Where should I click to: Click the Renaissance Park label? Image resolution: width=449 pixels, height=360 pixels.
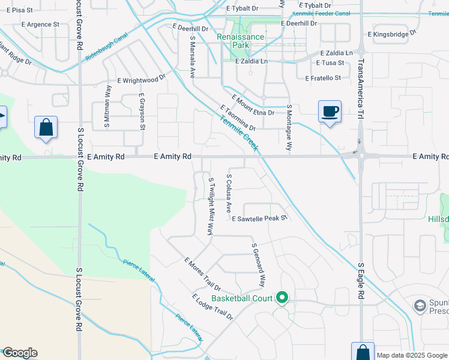click(x=240, y=41)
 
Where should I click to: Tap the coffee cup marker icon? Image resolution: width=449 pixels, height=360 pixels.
click(x=330, y=112)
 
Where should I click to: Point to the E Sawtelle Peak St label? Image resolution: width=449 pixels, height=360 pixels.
click(x=260, y=219)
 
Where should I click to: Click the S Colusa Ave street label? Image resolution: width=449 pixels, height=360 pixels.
click(x=229, y=193)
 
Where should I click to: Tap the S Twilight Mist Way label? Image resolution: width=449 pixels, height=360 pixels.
click(x=211, y=205)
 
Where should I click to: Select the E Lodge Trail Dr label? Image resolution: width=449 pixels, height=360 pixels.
click(x=212, y=307)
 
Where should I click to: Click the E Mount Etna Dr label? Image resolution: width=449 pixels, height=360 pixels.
click(x=253, y=105)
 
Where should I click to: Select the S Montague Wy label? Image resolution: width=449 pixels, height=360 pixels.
click(x=289, y=127)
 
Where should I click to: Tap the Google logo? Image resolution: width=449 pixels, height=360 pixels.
click(x=19, y=353)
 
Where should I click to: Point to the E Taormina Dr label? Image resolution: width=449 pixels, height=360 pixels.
click(x=238, y=118)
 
